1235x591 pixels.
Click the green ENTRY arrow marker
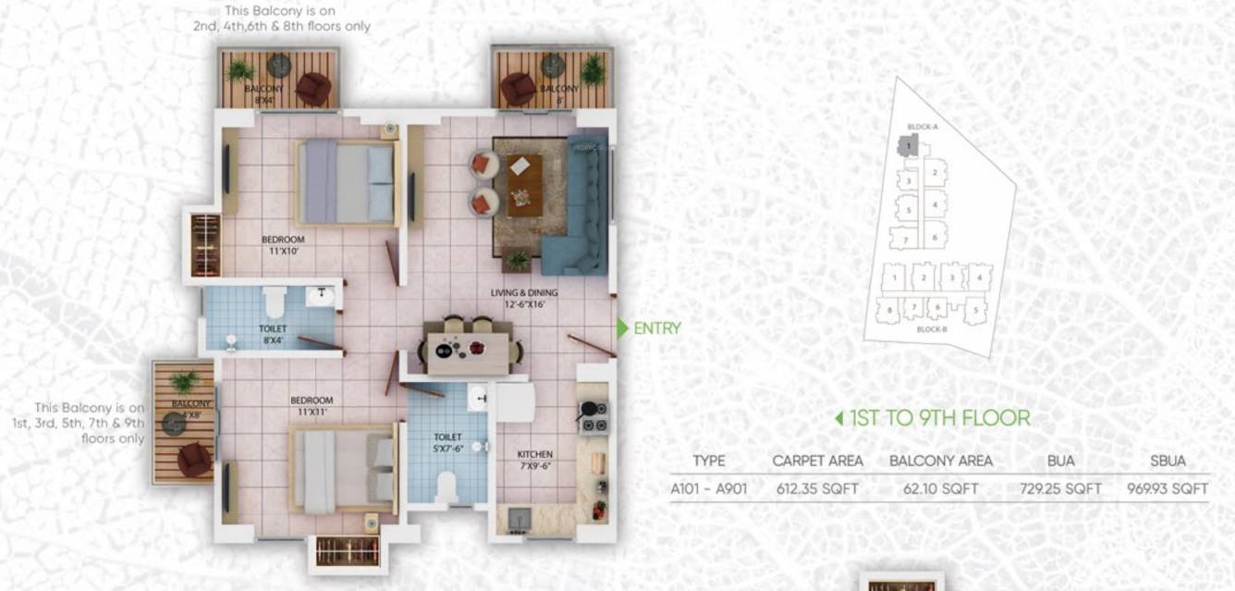coord(623,328)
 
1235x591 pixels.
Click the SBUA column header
coord(1168,461)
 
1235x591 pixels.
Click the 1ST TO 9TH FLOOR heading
coord(939,418)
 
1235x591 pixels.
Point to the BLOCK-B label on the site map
coord(932,329)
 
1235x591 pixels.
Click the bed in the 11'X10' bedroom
coord(349,182)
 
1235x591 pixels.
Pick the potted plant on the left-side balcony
coord(184,380)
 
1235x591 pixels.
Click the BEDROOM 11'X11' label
coord(312,405)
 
